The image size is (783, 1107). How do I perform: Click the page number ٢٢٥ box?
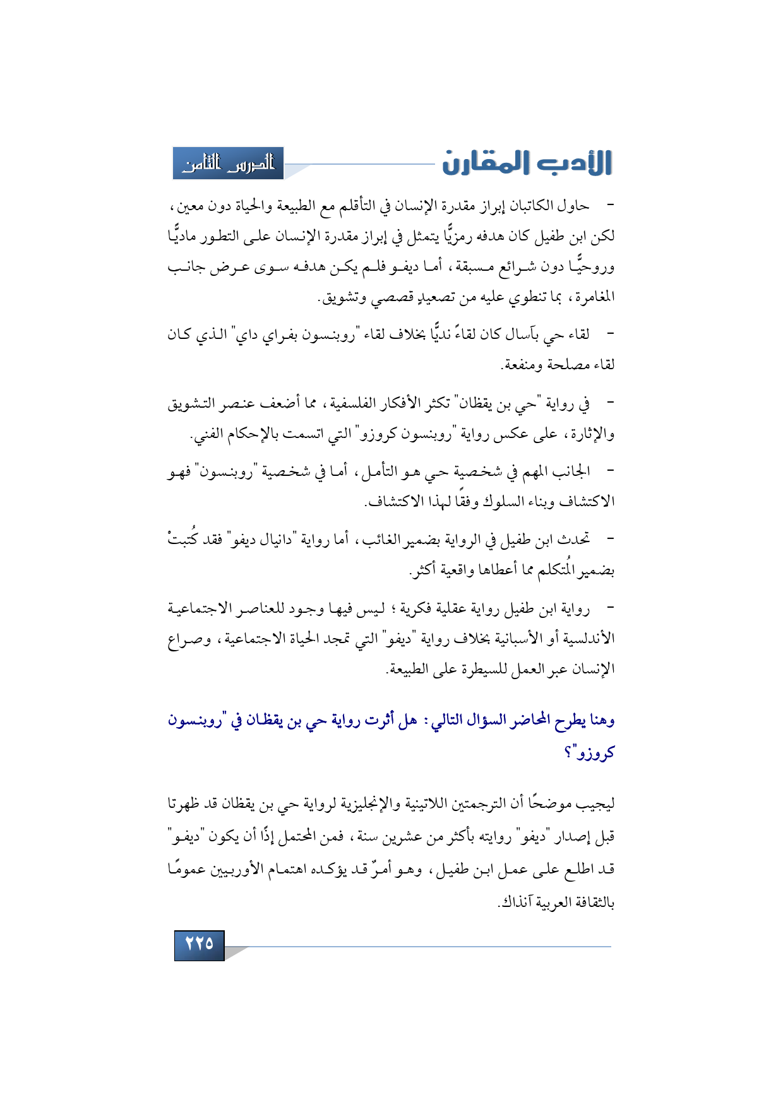coord(199,945)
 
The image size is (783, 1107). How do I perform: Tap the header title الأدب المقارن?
coord(527,163)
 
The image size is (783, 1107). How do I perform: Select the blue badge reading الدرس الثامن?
coord(229,163)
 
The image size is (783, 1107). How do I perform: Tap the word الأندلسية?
coord(584,639)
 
